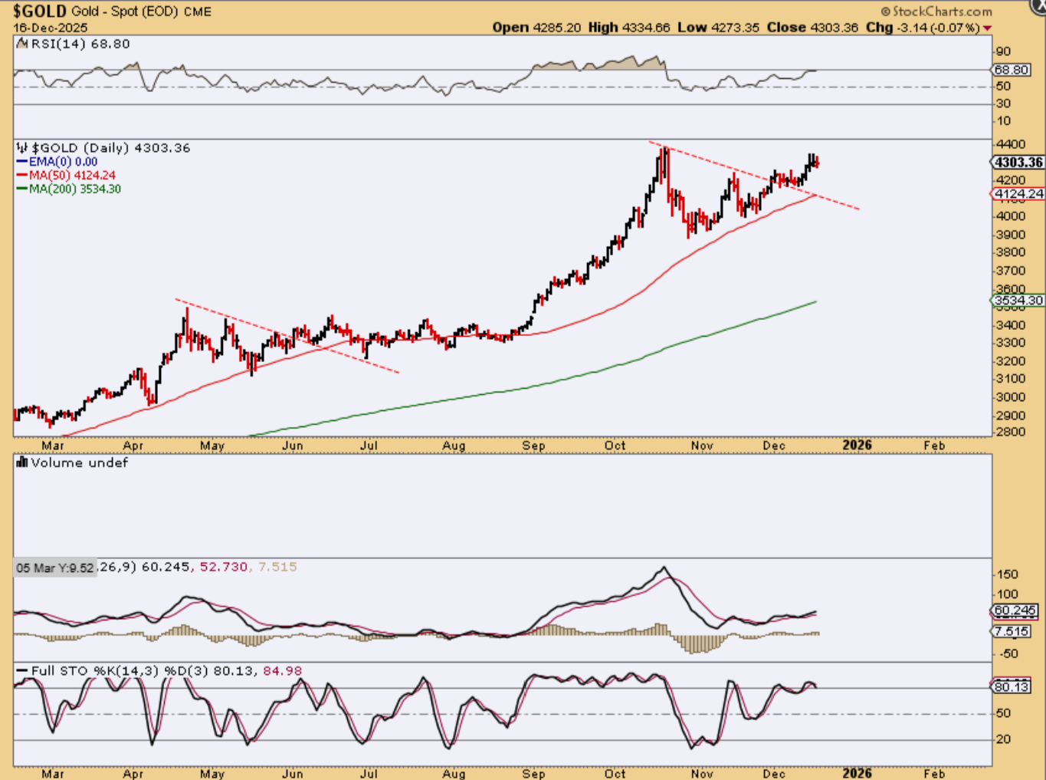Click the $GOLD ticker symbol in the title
39,12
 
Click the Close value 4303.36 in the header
834,28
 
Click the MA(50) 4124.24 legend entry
72,176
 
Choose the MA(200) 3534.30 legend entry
74,189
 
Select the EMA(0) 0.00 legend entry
63,162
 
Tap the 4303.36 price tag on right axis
1018,163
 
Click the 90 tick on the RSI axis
1002,52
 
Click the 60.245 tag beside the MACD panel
1015,611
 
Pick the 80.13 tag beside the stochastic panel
1012,686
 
